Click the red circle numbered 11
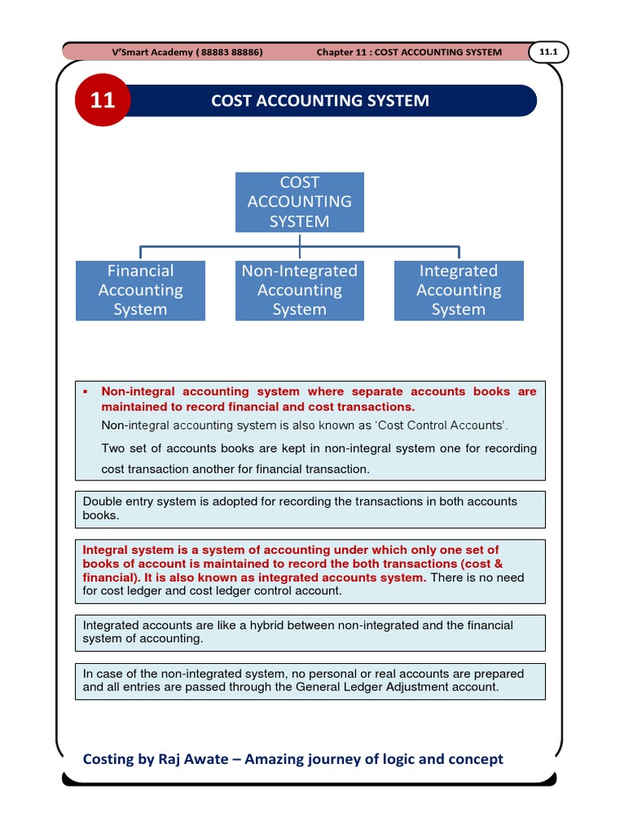tap(103, 100)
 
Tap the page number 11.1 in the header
tap(549, 52)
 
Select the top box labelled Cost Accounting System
tap(300, 202)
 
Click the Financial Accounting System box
tap(140, 290)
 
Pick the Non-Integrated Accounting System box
tap(300, 290)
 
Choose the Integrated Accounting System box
tap(459, 290)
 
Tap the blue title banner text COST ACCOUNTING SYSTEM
tap(320, 101)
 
